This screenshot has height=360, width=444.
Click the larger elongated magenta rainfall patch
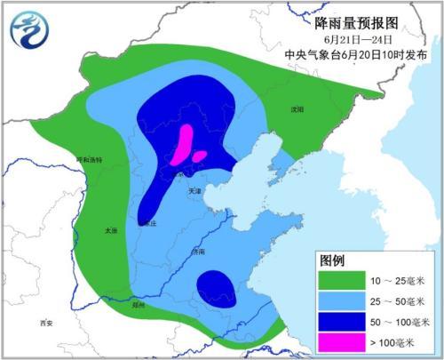(x=185, y=143)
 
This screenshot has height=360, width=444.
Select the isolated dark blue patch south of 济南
(x=217, y=289)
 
